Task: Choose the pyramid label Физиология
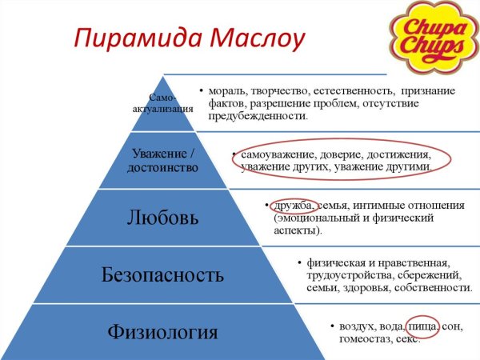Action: click(x=163, y=331)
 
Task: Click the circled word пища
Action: click(x=422, y=326)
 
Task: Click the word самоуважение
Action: click(x=278, y=154)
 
